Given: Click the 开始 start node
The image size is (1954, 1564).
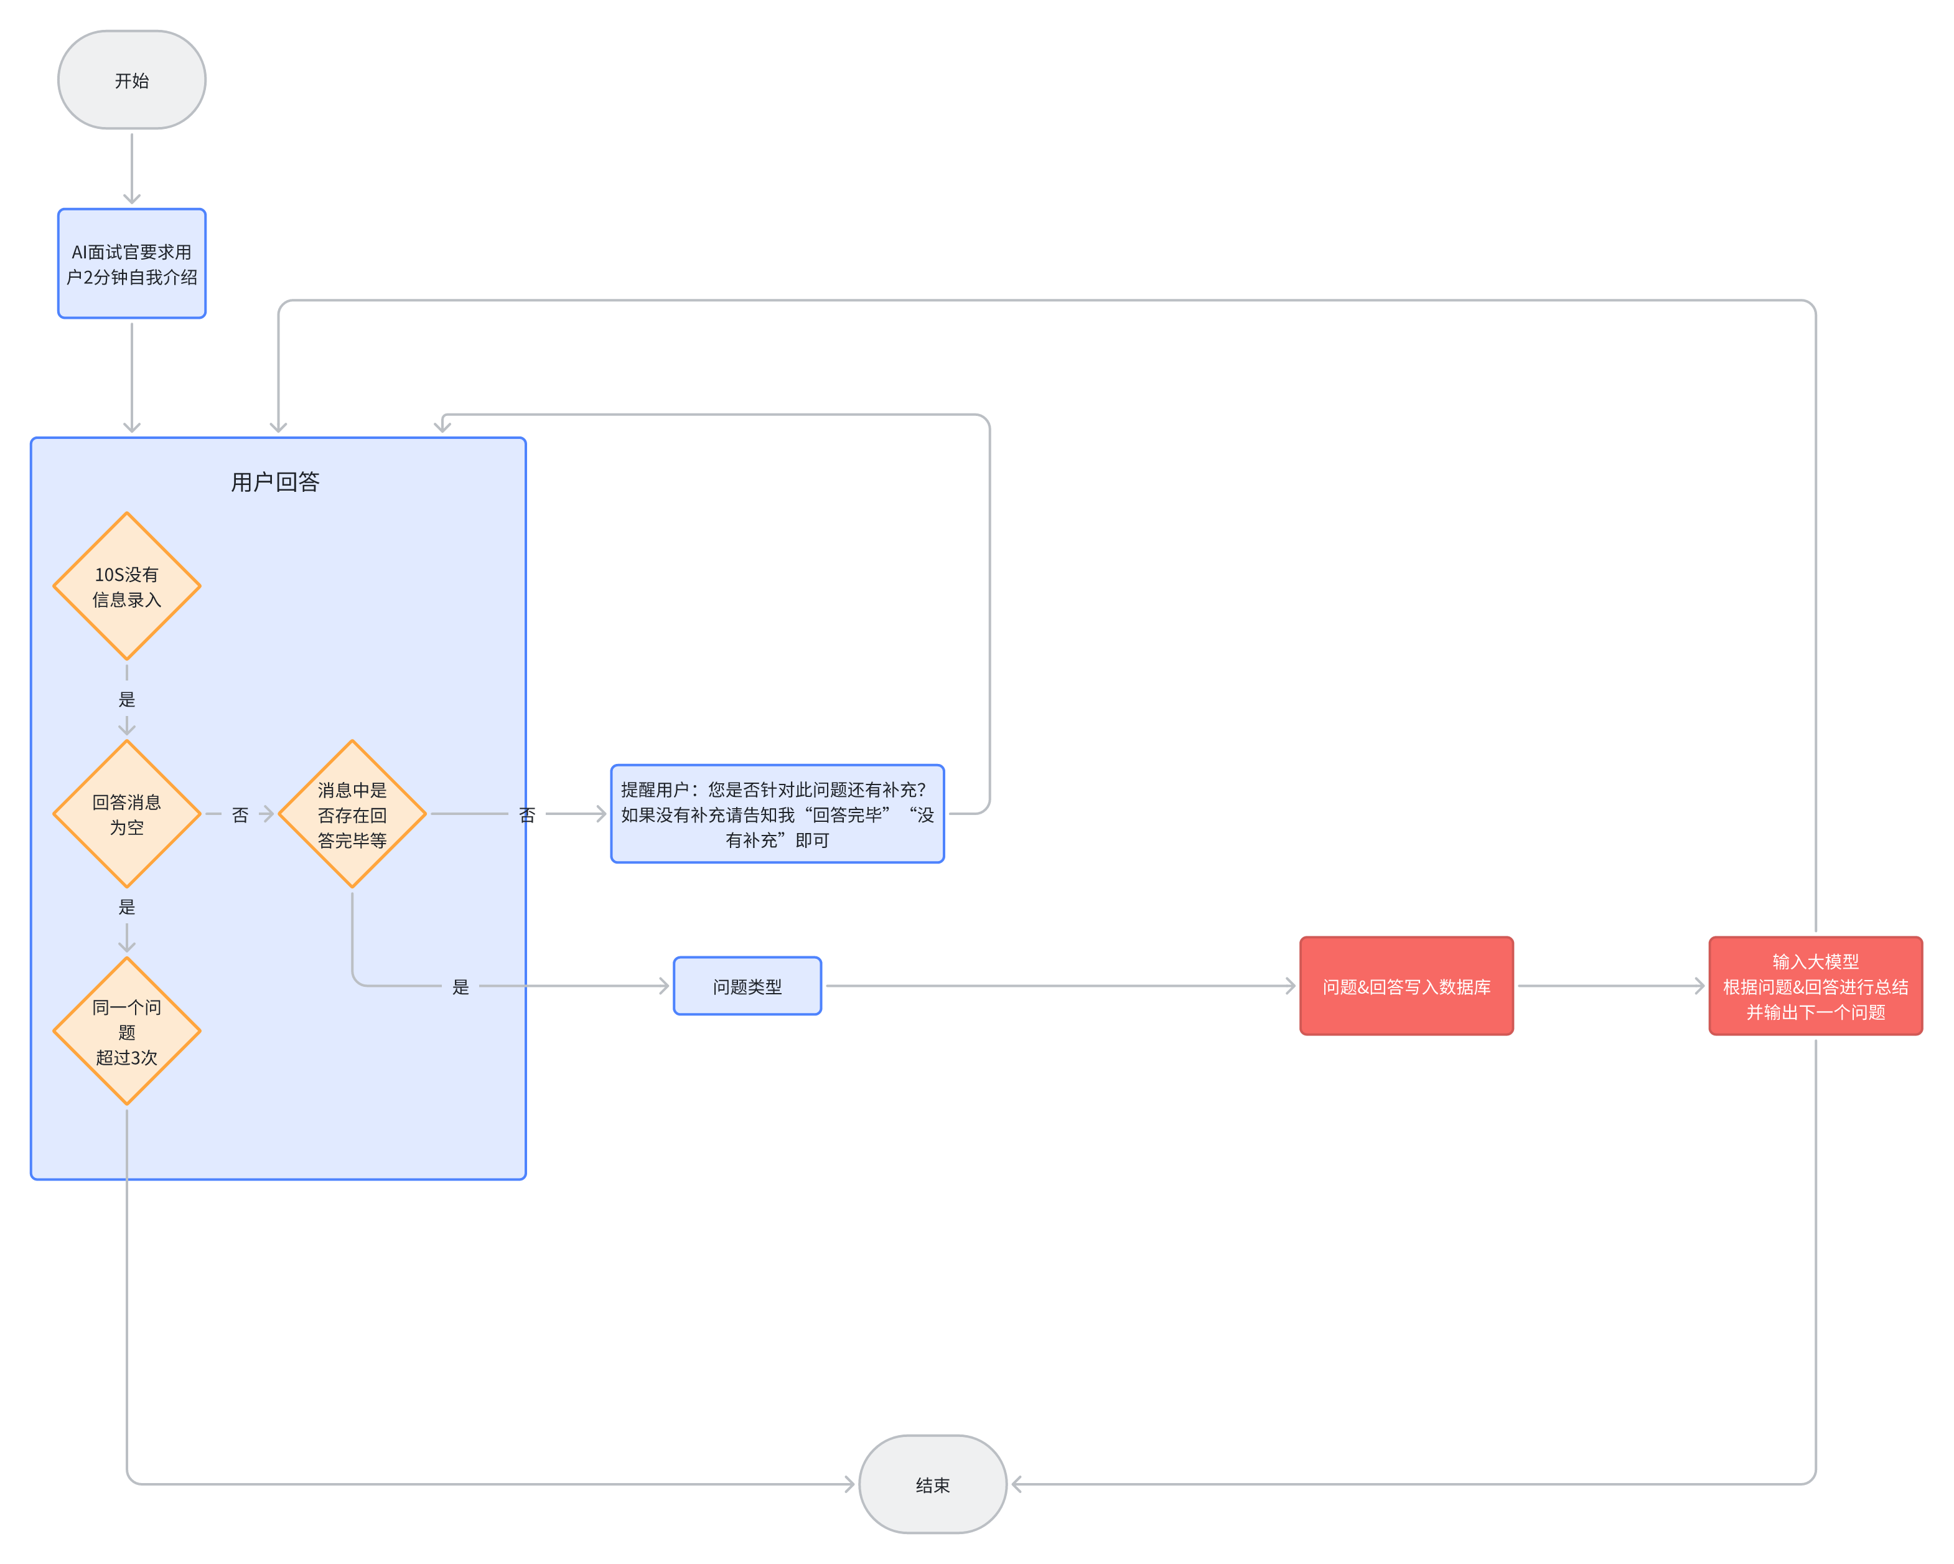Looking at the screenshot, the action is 131,80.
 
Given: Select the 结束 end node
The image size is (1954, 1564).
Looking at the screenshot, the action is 933,1484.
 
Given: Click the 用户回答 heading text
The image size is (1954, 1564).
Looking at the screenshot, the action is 276,481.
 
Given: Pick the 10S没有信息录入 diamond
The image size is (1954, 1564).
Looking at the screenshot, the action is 127,586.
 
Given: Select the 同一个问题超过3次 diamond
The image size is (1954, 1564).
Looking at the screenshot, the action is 127,1031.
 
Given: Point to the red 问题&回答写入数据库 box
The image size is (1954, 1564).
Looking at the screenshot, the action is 1406,986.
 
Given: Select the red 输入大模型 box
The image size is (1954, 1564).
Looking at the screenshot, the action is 1815,986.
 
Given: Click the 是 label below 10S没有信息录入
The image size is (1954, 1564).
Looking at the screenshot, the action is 127,699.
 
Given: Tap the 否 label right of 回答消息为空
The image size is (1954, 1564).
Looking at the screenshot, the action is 240,815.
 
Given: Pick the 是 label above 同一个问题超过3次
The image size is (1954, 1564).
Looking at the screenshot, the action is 127,907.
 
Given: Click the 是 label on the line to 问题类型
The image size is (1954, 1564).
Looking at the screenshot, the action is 460,986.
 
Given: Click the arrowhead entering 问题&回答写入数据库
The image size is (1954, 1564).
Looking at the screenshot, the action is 1291,986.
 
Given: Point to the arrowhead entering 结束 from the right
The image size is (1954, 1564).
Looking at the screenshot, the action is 1017,1484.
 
